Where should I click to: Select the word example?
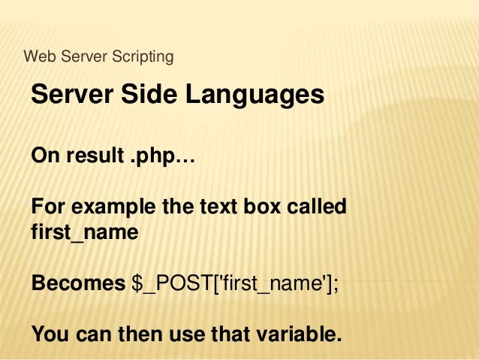click(x=108, y=205)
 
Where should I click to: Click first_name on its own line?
click(x=85, y=232)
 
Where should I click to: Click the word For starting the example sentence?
click(x=47, y=205)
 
